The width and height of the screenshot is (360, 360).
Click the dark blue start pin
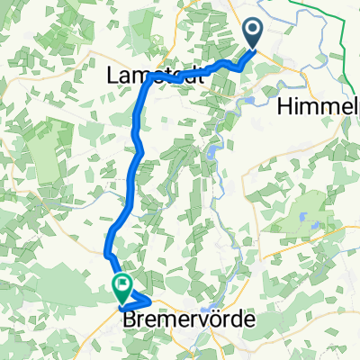[x=253, y=33]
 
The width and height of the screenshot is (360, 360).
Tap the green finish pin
[x=121, y=286]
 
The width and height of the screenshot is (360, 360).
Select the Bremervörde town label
[x=184, y=319]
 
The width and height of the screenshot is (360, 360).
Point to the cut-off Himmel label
[x=319, y=106]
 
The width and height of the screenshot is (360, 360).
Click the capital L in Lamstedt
[x=114, y=77]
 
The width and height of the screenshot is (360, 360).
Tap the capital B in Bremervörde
[x=127, y=319]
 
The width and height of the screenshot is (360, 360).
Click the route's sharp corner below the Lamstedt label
[x=144, y=82]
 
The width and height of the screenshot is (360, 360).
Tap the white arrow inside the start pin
[x=253, y=32]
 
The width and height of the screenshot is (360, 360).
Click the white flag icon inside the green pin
[x=121, y=285]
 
